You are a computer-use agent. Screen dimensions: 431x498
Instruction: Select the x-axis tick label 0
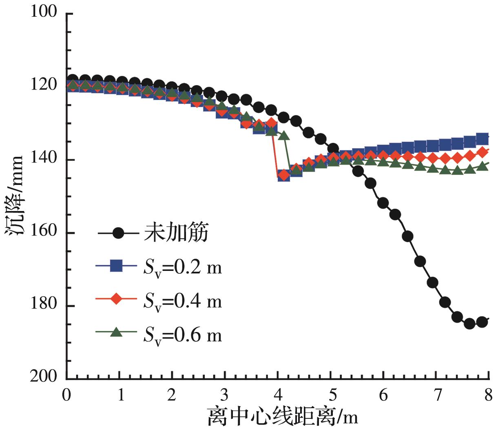(x=66, y=395)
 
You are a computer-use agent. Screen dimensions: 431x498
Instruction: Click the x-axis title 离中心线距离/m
(x=283, y=417)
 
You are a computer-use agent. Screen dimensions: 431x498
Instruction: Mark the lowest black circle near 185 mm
(x=469, y=323)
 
